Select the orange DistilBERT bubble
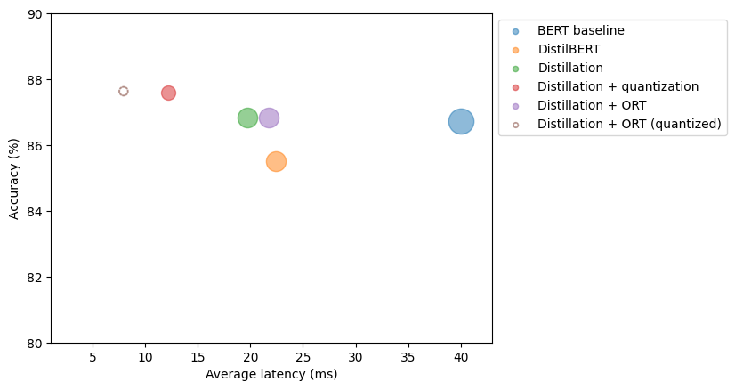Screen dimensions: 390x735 (276, 161)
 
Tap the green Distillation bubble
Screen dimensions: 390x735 (247, 118)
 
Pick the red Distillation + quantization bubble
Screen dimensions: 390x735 (168, 93)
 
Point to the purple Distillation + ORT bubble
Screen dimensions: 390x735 (269, 118)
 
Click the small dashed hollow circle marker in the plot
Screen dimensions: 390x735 (123, 91)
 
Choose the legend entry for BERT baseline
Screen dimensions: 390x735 (580, 30)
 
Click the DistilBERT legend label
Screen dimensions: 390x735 (569, 49)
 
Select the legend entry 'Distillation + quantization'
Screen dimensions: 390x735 (618, 86)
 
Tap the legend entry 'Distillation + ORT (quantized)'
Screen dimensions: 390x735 (628, 124)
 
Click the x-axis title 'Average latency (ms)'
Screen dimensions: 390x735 (271, 374)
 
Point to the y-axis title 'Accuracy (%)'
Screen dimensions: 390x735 (14, 178)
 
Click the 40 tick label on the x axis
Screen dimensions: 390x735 (461, 356)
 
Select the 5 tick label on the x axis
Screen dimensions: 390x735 (93, 356)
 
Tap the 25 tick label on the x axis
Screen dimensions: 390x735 (303, 356)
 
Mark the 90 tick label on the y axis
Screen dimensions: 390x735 (35, 14)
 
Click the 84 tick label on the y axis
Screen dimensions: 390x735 (35, 212)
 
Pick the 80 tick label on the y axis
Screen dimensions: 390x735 (35, 343)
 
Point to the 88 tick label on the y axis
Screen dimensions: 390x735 (35, 80)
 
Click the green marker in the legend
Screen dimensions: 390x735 (515, 68)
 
